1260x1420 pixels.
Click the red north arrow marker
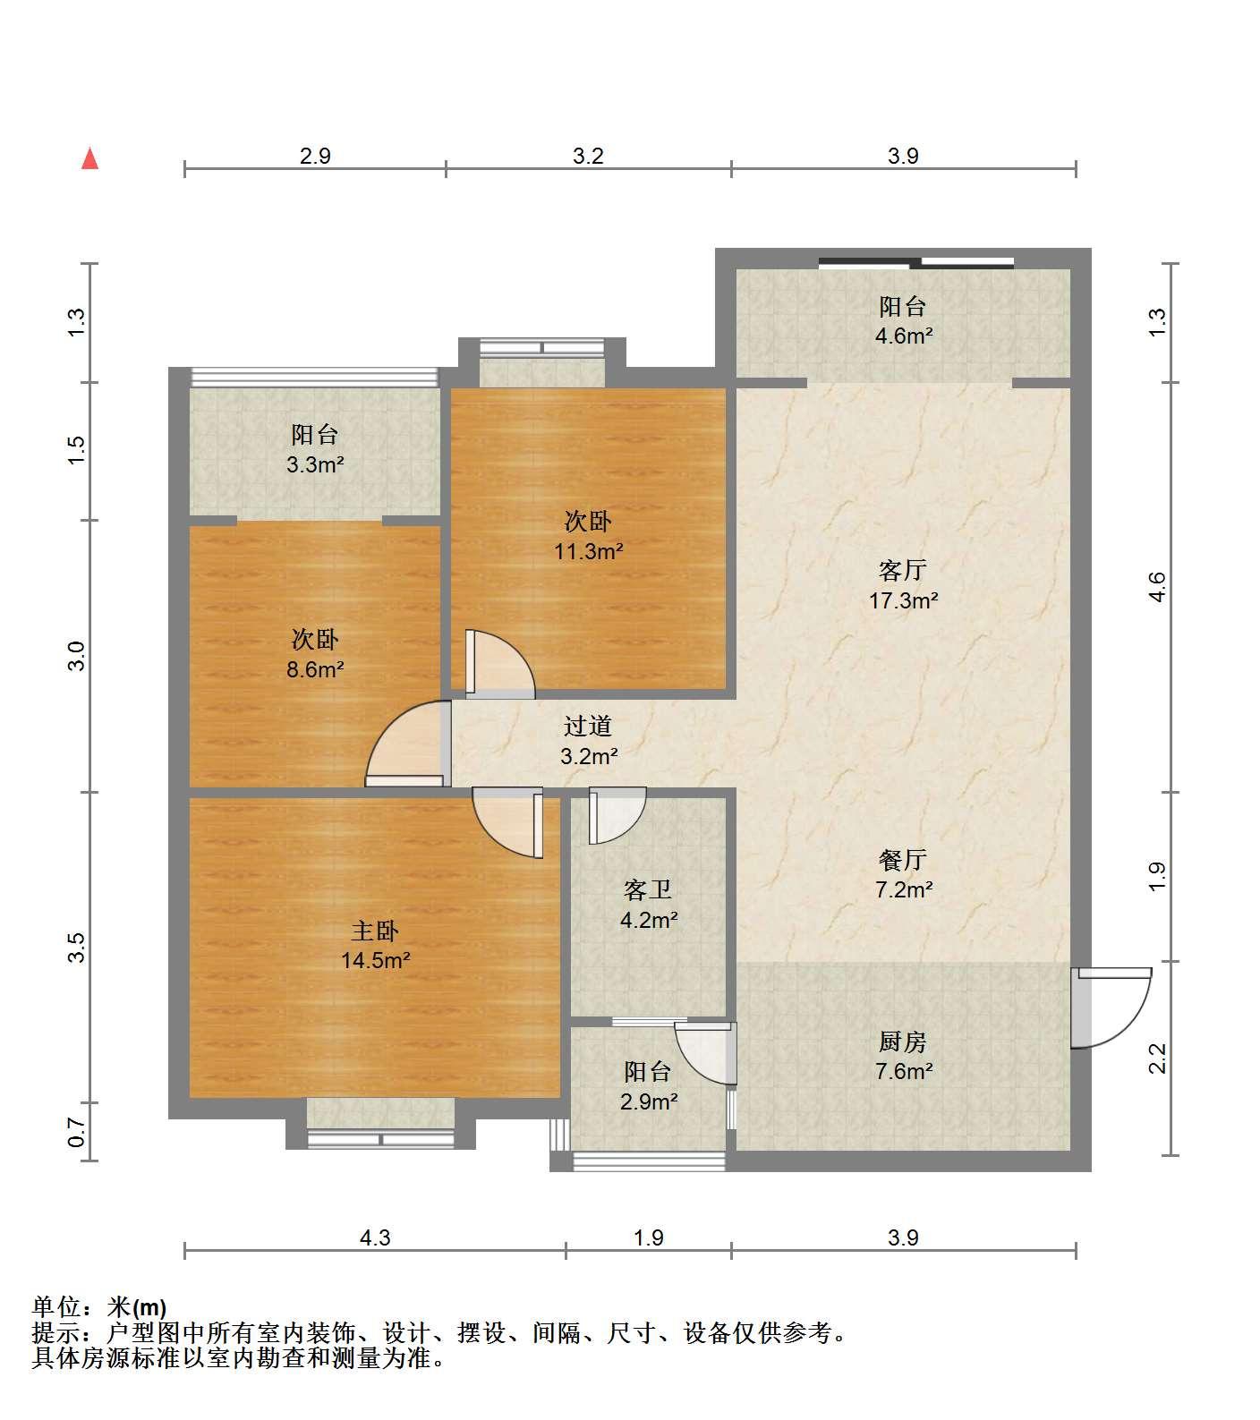point(89,158)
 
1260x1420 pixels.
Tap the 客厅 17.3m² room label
point(903,584)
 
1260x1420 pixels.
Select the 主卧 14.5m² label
point(375,946)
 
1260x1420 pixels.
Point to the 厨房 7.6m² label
point(903,1056)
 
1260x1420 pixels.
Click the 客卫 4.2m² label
point(648,904)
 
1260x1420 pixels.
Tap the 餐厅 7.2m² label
point(903,874)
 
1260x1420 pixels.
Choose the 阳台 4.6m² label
point(903,321)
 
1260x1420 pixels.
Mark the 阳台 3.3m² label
point(315,449)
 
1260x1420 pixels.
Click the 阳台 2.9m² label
point(648,1085)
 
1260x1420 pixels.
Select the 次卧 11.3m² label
point(588,535)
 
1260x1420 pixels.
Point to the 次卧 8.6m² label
point(315,654)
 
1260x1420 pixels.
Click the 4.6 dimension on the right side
point(1157,587)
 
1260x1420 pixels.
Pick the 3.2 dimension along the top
point(588,156)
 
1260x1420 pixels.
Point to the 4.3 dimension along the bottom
point(375,1237)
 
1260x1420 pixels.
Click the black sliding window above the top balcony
point(916,263)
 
